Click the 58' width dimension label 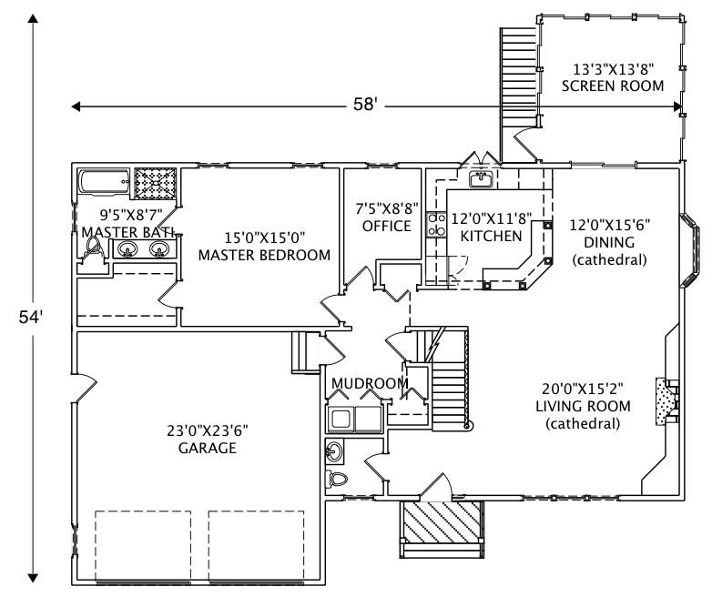coord(365,105)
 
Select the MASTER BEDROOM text coord(264,255)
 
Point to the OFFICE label coord(386,226)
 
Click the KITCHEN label coord(491,236)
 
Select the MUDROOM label coord(370,383)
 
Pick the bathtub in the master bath coord(103,183)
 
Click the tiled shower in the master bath coord(158,184)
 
